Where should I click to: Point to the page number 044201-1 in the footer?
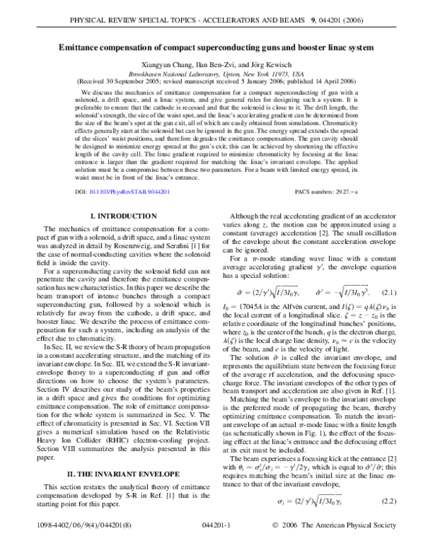(216, 546)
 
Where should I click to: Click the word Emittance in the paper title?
(84, 48)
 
